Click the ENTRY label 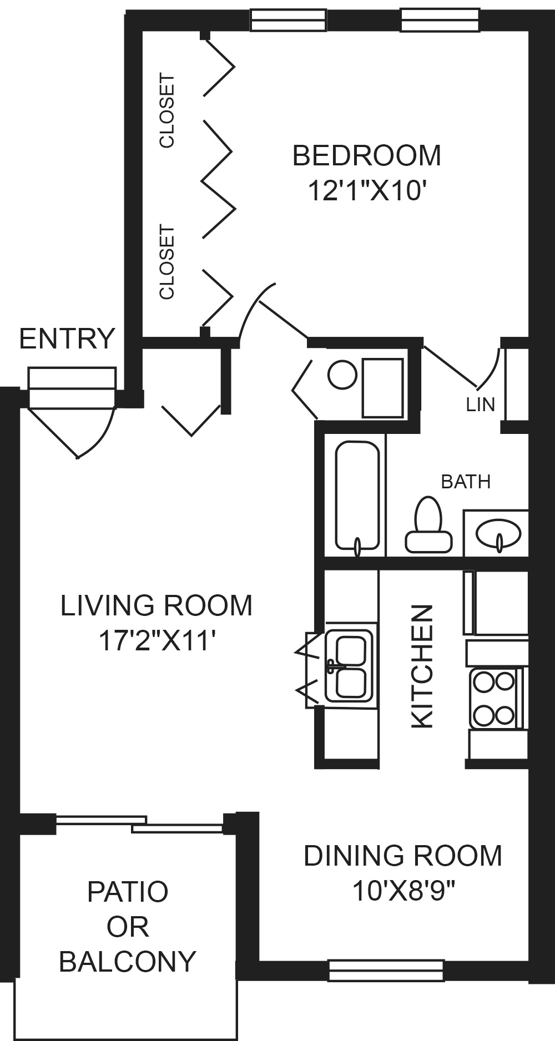tap(67, 338)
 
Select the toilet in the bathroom tap(428, 524)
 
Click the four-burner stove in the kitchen tap(495, 698)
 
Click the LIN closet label tap(481, 405)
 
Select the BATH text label tap(466, 482)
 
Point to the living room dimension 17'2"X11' tap(157, 641)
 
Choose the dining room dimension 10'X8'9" tap(403, 892)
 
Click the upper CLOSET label tap(167, 111)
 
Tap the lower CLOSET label tap(167, 262)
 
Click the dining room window tap(386, 971)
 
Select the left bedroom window tap(288, 20)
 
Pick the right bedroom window tap(440, 20)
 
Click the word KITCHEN tap(422, 666)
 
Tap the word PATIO tap(128, 892)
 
